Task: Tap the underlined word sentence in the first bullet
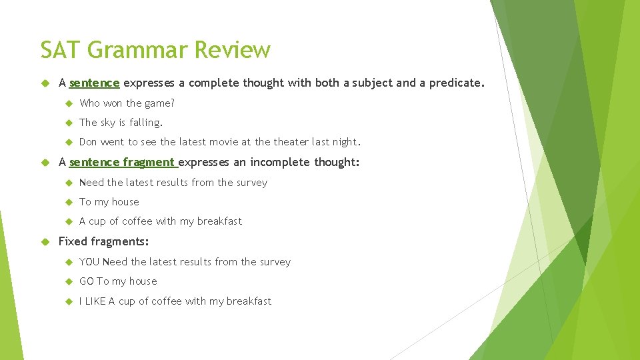tap(94, 83)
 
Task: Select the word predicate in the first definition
tap(455, 83)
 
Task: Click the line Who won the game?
tap(127, 103)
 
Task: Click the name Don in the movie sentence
tap(88, 142)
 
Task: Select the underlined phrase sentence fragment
tap(122, 162)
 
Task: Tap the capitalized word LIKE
tap(95, 301)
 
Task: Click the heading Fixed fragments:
tap(103, 241)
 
